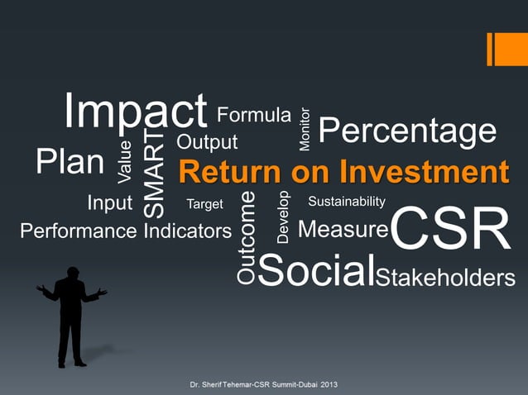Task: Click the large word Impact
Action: coord(136,111)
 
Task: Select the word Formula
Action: coord(253,116)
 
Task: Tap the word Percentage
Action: coord(407,131)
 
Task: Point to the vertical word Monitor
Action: coord(305,129)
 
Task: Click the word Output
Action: coord(207,142)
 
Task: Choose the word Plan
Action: coord(70,162)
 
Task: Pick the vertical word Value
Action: coord(125,162)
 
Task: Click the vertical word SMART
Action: coord(155,173)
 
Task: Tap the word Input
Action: coord(109,202)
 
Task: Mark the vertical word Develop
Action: coord(283,217)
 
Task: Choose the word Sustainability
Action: coord(346,202)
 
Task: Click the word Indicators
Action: coord(188,231)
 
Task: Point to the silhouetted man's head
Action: coord(72,273)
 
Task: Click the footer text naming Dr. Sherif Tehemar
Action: coord(263,385)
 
